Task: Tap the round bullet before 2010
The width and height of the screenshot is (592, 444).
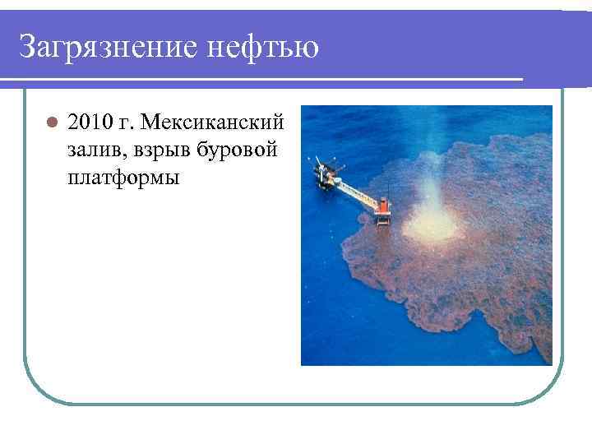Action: coord(51,123)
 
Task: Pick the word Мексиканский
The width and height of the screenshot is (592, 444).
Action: coord(212,123)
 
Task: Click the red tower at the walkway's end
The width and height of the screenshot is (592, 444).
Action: coord(383,210)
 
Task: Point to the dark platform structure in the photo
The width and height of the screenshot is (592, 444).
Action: coord(326,173)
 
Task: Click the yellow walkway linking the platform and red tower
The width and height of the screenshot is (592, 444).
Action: coord(355,192)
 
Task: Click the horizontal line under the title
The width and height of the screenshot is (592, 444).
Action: coord(263,80)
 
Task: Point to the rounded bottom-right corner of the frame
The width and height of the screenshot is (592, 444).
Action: coord(550,391)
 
